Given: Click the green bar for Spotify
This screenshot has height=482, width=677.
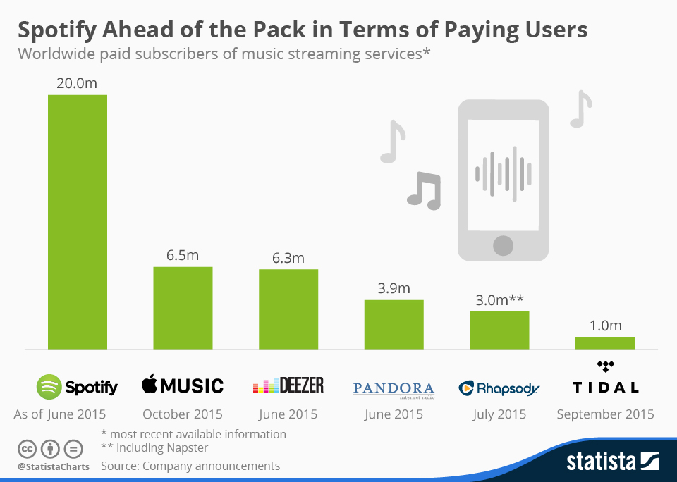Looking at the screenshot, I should pyautogui.click(x=77, y=222).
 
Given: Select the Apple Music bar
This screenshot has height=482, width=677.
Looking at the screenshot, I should pyautogui.click(x=183, y=308).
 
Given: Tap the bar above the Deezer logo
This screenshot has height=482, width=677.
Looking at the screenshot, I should pyautogui.click(x=288, y=309).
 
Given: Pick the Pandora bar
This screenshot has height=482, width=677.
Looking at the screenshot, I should pyautogui.click(x=394, y=324).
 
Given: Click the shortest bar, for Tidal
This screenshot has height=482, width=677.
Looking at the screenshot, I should pyautogui.click(x=605, y=342).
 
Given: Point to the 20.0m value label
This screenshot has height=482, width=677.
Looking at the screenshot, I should pyautogui.click(x=77, y=83).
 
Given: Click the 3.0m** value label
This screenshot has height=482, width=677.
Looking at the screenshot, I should pyautogui.click(x=499, y=299).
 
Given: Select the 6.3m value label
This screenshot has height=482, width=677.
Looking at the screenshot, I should pyautogui.click(x=288, y=258).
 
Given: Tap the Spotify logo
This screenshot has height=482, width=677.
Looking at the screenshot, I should pyautogui.click(x=77, y=386).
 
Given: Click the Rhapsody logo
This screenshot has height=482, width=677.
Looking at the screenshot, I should pyautogui.click(x=499, y=388).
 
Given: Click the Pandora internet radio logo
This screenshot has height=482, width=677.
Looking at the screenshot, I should pyautogui.click(x=394, y=389).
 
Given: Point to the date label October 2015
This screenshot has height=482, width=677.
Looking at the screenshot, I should pyautogui.click(x=183, y=414).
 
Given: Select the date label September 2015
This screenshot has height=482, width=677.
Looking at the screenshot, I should pyautogui.click(x=605, y=414).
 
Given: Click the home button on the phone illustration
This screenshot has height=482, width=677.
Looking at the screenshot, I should pyautogui.click(x=503, y=245).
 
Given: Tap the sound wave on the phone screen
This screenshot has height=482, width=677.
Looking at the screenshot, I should pyautogui.click(x=503, y=170).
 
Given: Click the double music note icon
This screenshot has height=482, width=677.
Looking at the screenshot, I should pyautogui.click(x=424, y=190).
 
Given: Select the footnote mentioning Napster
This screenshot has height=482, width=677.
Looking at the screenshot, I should pyautogui.click(x=154, y=447).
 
